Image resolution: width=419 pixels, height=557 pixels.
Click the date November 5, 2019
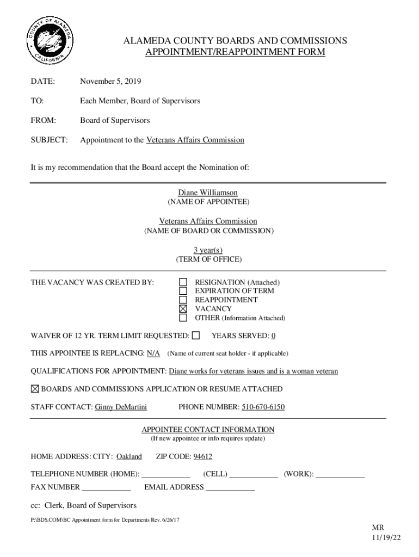point(110,82)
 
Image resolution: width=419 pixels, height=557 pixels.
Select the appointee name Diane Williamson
point(208,193)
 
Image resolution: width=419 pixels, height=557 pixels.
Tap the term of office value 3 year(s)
point(208,250)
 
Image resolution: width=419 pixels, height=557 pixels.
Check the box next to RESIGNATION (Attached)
point(183,282)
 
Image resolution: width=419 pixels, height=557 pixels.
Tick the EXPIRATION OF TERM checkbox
point(183,291)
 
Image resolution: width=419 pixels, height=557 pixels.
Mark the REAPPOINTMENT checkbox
point(183,300)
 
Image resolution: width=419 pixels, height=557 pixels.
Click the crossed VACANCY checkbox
point(183,308)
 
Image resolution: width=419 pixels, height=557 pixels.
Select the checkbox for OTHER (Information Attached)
point(183,318)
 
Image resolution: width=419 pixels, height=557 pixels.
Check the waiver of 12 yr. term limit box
point(196,336)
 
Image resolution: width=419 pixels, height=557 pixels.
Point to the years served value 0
point(273,336)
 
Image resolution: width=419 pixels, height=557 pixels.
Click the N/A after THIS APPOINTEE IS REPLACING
point(153,354)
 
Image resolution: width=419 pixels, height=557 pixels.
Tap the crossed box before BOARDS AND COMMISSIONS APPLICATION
point(35,389)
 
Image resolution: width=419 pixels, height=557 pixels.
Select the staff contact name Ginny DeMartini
point(121,407)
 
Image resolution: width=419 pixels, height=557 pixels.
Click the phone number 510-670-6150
point(263,407)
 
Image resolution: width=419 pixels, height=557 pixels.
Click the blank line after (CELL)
point(254,474)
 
